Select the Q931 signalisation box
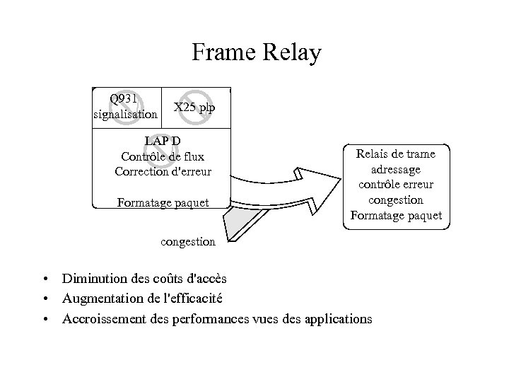[126, 108]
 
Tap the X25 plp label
[194, 108]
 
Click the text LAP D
[162, 140]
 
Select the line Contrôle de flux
[162, 156]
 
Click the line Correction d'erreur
[162, 171]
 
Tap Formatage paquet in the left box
[163, 203]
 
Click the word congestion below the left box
[187, 241]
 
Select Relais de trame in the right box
[396, 154]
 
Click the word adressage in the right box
[396, 169]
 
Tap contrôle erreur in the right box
[396, 185]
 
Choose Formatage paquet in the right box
[396, 215]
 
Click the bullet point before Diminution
[45, 279]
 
